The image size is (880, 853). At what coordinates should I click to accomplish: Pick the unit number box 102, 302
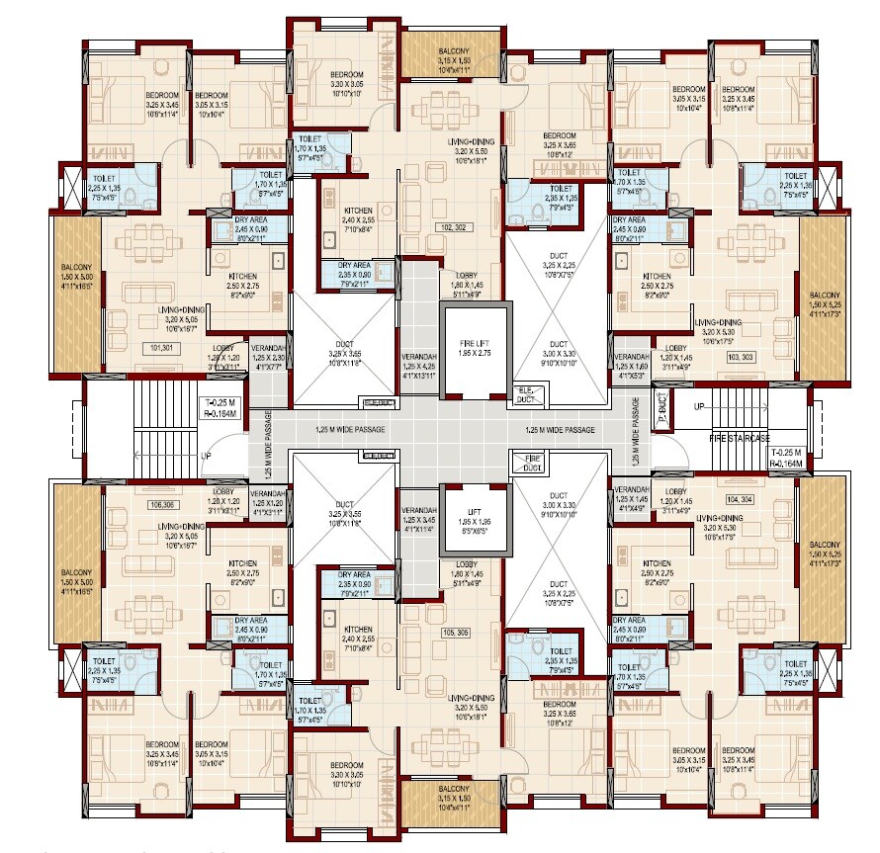[456, 225]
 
